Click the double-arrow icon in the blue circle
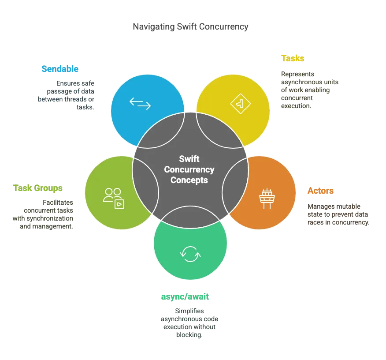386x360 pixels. point(140,103)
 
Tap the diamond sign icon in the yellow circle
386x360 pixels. point(240,104)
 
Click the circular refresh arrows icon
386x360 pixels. point(190,254)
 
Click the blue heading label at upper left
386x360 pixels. point(59,69)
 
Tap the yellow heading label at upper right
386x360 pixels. point(293,58)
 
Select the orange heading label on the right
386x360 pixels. point(320,191)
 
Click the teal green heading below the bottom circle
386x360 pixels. point(185,296)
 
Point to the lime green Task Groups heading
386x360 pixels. point(38,188)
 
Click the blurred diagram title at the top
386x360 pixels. point(190,27)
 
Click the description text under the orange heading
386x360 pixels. point(338,214)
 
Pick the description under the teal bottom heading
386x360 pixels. point(189,323)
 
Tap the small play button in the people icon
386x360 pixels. point(119,204)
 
